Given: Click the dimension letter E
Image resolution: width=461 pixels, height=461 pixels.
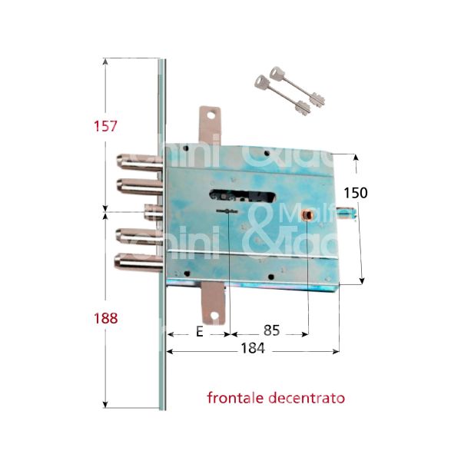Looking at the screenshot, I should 198,332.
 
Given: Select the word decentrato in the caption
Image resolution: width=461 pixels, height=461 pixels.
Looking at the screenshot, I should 309,398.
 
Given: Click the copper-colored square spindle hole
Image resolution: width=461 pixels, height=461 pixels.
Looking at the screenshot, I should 308,214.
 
